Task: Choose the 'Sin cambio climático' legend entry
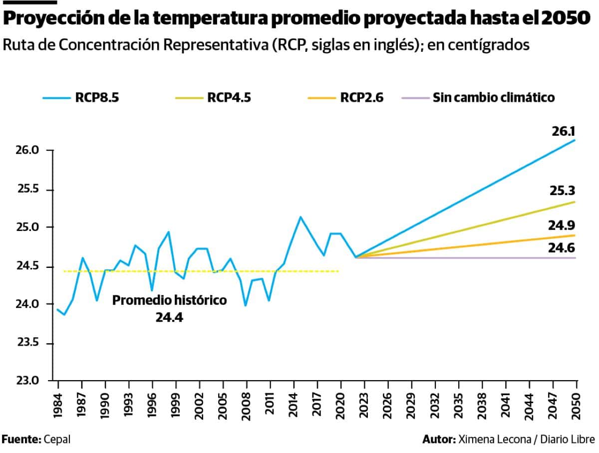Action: [494, 97]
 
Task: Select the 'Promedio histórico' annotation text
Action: [169, 301]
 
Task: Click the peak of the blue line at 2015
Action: [300, 217]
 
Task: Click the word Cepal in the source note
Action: [57, 440]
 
